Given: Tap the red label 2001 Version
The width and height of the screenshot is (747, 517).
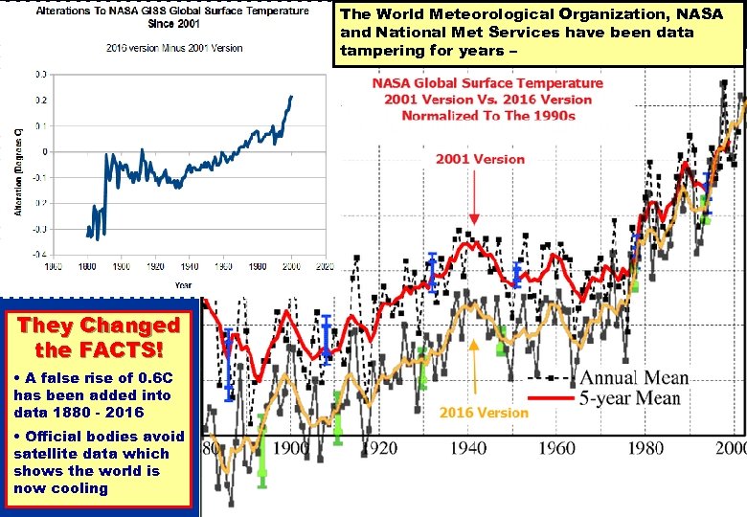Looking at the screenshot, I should coord(481,159).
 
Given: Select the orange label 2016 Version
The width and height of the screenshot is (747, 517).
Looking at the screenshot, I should coord(484,413).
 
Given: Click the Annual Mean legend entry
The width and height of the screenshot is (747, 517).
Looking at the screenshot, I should coord(633,376).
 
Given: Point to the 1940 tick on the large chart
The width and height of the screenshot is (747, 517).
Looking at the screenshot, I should coord(468,447).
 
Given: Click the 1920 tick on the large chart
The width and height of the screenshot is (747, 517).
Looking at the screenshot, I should coord(380,447).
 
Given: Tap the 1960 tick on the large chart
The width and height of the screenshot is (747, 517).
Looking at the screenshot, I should coord(556,447).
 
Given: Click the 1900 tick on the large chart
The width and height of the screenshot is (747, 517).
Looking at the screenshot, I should coord(292,447).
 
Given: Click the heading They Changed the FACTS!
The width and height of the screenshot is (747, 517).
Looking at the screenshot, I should coord(99,337).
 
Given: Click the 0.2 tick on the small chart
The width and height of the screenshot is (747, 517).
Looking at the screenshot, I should coord(41,100).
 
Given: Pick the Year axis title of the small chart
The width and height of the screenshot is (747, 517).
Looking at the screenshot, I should coord(183,284).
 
